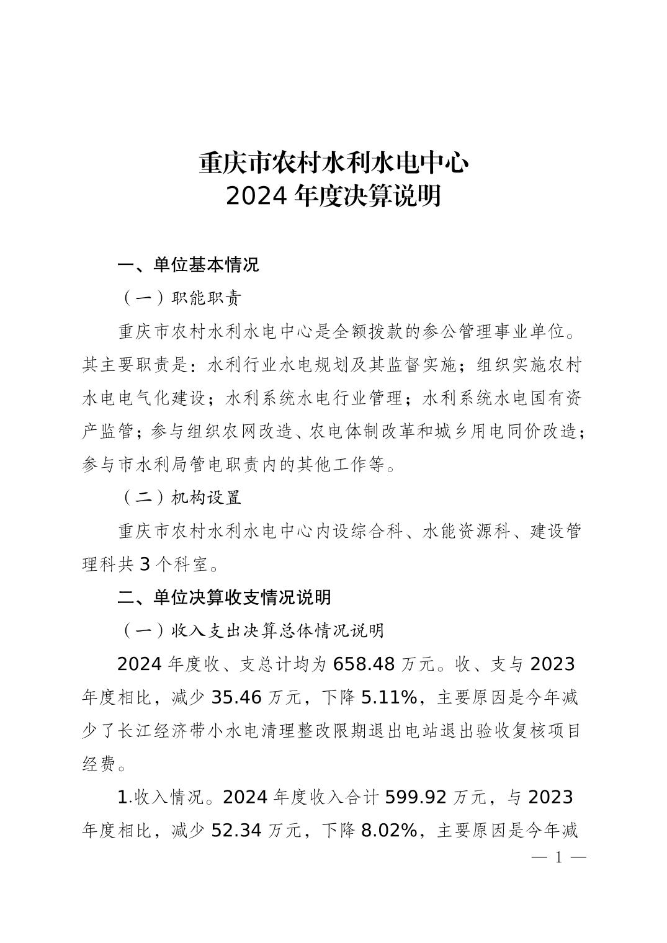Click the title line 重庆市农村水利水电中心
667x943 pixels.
coord(333,163)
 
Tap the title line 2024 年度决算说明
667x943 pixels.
coord(333,196)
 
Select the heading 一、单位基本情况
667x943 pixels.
coord(189,265)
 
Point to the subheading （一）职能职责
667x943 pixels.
coord(179,298)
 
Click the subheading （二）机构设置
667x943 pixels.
coord(179,498)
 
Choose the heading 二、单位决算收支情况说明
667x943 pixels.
coord(225,597)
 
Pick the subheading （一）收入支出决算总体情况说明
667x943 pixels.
coord(251,630)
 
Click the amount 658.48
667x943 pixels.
coord(364,664)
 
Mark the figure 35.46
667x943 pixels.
coord(238,697)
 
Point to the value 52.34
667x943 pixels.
coord(238,830)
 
